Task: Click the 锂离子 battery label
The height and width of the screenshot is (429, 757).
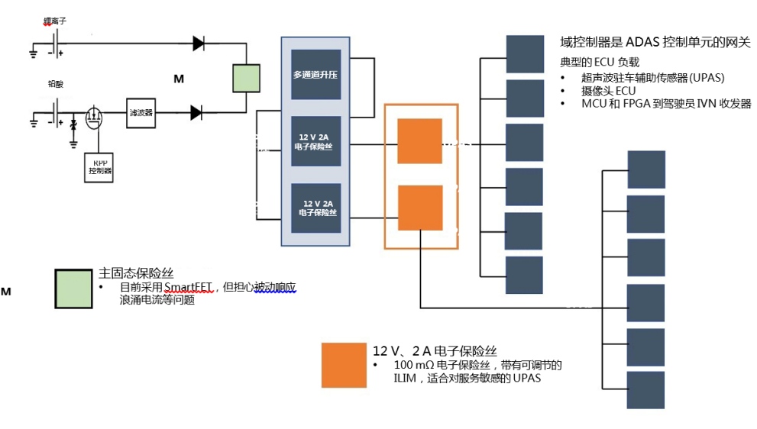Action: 55,21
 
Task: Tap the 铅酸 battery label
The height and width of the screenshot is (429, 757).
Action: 55,83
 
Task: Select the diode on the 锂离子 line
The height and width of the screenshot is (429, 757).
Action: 199,44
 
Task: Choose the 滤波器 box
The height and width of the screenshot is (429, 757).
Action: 141,112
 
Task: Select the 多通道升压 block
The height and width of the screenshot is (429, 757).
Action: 315,76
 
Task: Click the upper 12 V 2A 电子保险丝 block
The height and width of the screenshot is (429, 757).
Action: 315,140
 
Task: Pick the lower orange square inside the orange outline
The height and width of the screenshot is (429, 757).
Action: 419,208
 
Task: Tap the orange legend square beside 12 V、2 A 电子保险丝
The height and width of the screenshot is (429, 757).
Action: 344,366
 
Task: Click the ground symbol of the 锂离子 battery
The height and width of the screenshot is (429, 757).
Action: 34,53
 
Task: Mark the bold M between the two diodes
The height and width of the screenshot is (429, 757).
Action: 179,79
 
